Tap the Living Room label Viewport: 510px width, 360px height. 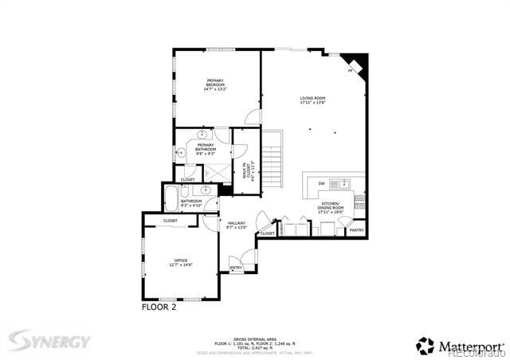[312, 100]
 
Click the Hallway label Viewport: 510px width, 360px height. [237, 225]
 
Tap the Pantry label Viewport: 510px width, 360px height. [356, 230]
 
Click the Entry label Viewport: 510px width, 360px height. [236, 268]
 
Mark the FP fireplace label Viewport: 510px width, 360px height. [351, 72]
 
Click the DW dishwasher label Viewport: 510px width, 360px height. [321, 184]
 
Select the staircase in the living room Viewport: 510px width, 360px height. [273, 160]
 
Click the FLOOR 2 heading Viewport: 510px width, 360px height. [159, 306]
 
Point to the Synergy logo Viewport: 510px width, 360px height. [49, 341]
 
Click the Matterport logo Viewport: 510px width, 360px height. [460, 346]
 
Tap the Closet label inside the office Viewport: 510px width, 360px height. [171, 221]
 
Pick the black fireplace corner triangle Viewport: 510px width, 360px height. [358, 62]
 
